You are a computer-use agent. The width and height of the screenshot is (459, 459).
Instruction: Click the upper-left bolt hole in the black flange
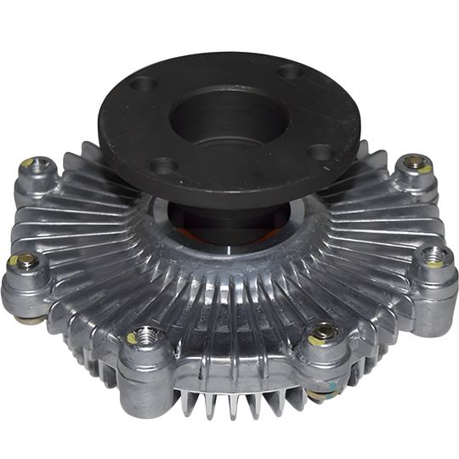coord(144,84)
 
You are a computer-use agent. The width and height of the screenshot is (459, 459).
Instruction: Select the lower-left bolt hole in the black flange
coord(164,165)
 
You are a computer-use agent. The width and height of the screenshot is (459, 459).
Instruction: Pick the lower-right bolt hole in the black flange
coord(320,152)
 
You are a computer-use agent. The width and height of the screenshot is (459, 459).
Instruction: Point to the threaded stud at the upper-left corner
coord(29,164)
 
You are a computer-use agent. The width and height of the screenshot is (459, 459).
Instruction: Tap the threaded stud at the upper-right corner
coord(414,161)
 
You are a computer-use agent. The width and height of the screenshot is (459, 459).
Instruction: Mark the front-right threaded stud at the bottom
coord(323,333)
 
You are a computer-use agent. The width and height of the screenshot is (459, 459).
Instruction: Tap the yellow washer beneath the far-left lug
coord(31,320)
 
